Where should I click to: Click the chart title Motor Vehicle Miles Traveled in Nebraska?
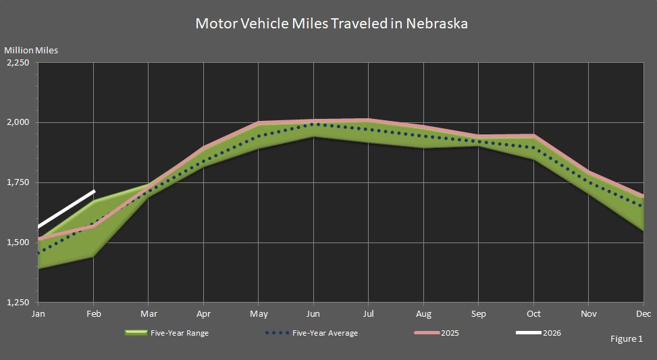pyautogui.click(x=332, y=24)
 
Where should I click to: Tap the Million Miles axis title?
pyautogui.click(x=31, y=51)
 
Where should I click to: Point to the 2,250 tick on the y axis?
pyautogui.click(x=18, y=63)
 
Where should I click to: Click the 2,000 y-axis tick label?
pyautogui.click(x=18, y=123)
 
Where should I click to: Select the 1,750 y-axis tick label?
pyautogui.click(x=18, y=182)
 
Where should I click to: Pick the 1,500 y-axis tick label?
pyautogui.click(x=18, y=242)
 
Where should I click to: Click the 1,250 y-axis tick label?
pyautogui.click(x=18, y=303)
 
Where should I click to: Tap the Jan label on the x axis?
pyautogui.click(x=38, y=314)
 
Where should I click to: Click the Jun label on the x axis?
pyautogui.click(x=313, y=314)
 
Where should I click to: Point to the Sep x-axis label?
pyautogui.click(x=478, y=314)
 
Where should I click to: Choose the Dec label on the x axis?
pyautogui.click(x=643, y=314)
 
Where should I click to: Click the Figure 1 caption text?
pyautogui.click(x=626, y=338)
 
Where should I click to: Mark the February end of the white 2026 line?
pyautogui.click(x=94, y=192)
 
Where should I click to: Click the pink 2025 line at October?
pyautogui.click(x=533, y=136)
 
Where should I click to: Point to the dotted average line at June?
pyautogui.click(x=313, y=124)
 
